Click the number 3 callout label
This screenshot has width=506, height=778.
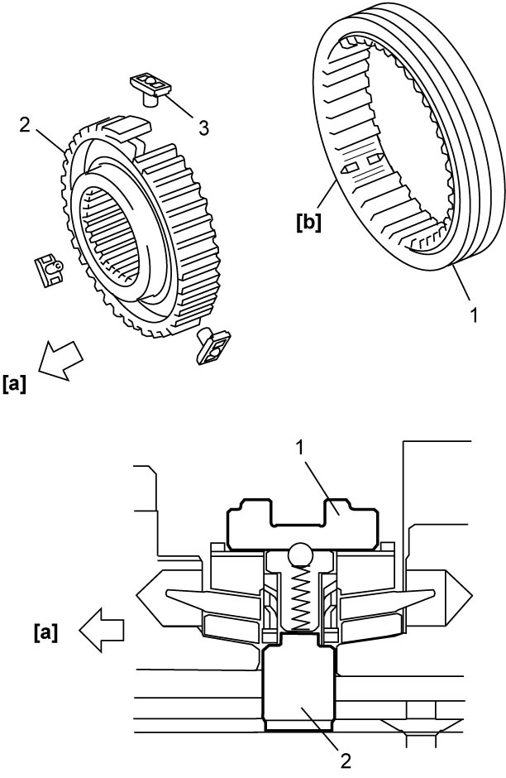tap(203, 127)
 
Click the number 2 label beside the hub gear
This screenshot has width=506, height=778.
tap(25, 124)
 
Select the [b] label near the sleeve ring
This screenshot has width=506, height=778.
tap(308, 223)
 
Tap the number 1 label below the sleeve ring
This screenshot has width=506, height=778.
tap(473, 315)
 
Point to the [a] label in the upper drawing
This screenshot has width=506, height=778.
tap(14, 384)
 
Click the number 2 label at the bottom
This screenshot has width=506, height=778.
tap(346, 760)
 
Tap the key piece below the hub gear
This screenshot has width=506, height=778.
tap(214, 344)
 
